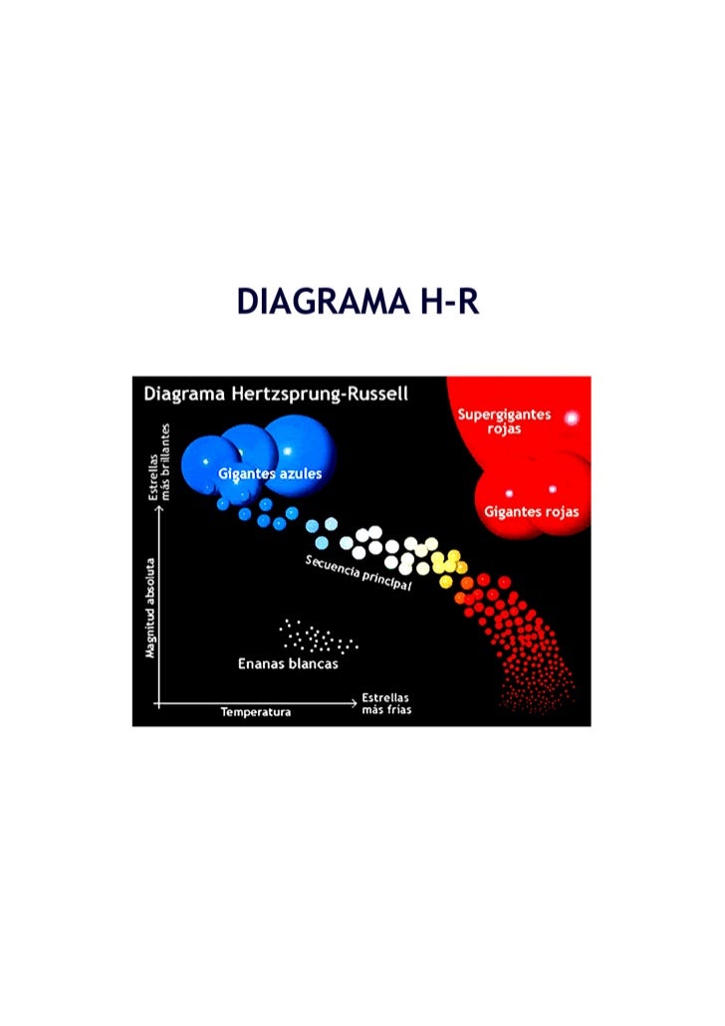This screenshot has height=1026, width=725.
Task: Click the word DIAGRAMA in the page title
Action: tap(317, 301)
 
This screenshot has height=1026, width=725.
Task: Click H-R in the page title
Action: tap(443, 301)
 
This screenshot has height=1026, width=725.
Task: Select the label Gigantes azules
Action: tap(270, 474)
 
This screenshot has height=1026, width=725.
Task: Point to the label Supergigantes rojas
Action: tap(504, 421)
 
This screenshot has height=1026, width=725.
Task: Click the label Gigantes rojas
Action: tap(531, 512)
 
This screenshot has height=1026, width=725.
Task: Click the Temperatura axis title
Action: tap(256, 712)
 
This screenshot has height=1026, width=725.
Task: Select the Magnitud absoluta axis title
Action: tap(149, 608)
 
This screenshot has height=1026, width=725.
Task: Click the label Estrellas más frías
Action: tap(385, 704)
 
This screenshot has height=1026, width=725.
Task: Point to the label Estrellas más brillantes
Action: tap(159, 460)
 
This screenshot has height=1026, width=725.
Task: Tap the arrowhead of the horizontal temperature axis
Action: tap(354, 703)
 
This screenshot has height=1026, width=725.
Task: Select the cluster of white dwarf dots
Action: tap(317, 635)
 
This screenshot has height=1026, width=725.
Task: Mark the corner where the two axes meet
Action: tap(156, 703)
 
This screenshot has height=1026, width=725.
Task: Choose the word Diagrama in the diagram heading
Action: tap(182, 393)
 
